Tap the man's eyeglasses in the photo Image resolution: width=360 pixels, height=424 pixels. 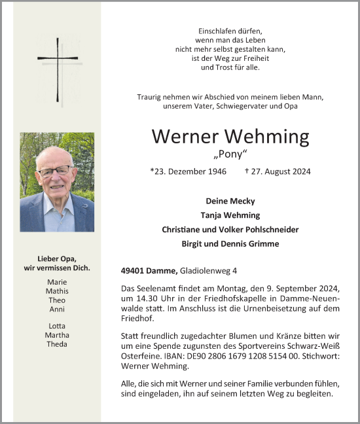click(55, 171)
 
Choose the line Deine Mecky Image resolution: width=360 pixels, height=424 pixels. click(230, 201)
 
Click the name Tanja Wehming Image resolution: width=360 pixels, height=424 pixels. click(230, 215)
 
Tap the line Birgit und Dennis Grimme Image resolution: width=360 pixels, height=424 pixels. click(230, 244)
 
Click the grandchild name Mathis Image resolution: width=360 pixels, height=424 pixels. click(57, 291)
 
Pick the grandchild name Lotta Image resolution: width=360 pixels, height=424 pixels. click(57, 326)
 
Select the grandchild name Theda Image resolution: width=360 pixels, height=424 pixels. click(57, 344)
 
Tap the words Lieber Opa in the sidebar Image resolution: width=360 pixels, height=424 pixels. click(56, 258)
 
